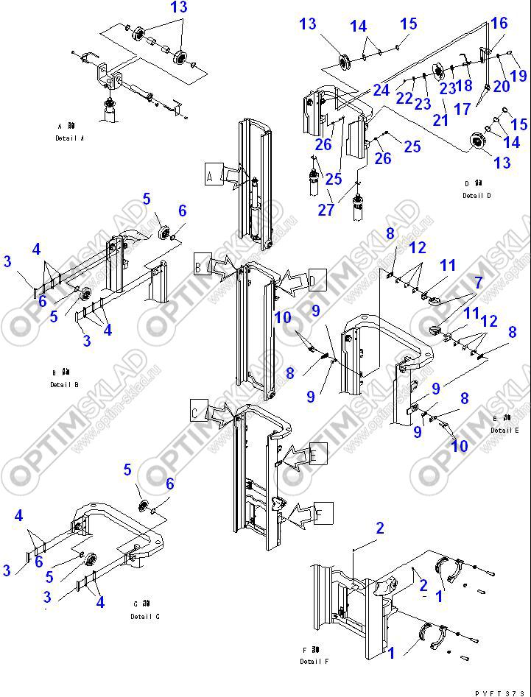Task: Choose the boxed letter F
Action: [x=324, y=512]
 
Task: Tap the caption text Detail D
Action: [x=473, y=196]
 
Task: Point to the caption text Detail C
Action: [x=144, y=616]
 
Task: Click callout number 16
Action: [x=499, y=24]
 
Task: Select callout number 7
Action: [x=477, y=283]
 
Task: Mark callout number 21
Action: [x=440, y=119]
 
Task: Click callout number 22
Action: [x=404, y=97]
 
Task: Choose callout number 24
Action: [x=381, y=90]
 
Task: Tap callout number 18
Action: [x=464, y=85]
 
